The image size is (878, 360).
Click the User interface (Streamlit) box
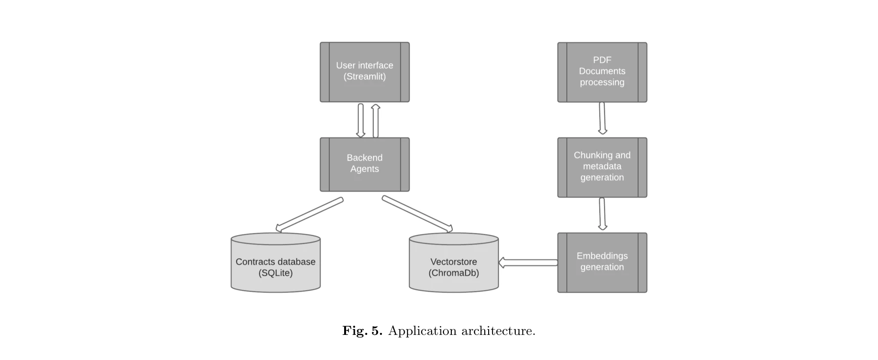364,72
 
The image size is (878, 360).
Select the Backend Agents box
364,164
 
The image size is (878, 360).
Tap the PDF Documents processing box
602,72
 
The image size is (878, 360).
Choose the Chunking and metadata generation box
602,167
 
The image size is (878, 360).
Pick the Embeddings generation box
602,263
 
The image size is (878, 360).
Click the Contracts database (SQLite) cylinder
275,266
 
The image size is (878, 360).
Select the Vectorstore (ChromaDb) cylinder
453,266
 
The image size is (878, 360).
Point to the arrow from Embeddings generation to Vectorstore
528,263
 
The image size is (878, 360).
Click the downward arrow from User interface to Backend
360,120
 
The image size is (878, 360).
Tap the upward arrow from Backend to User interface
376,121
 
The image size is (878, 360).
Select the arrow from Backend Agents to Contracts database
309,214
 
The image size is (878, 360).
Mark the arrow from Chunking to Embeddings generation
602,213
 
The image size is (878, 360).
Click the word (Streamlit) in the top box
364,77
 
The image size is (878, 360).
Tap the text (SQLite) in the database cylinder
275,273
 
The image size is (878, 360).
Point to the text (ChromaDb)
453,273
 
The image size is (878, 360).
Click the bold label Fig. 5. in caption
362,330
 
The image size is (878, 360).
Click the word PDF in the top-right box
602,60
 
